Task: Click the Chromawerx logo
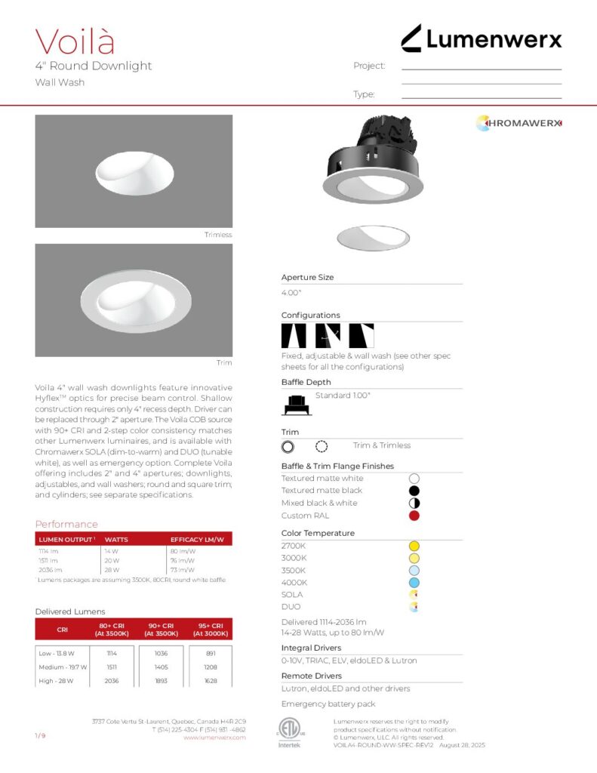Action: coord(519,123)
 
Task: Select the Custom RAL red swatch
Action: coord(414,516)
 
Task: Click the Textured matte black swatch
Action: coord(414,491)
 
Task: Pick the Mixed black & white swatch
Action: coord(414,504)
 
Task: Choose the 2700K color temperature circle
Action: coord(414,546)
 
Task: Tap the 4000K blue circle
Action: coord(414,583)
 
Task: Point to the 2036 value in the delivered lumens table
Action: coord(112,680)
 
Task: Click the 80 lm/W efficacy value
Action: coord(183,551)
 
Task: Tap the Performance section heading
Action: coord(66,524)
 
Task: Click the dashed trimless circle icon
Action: coord(322,446)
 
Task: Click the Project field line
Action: coord(482,69)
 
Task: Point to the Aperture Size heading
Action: coord(307,277)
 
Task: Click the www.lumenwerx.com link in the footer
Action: coord(215,738)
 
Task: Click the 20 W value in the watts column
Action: coord(112,561)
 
